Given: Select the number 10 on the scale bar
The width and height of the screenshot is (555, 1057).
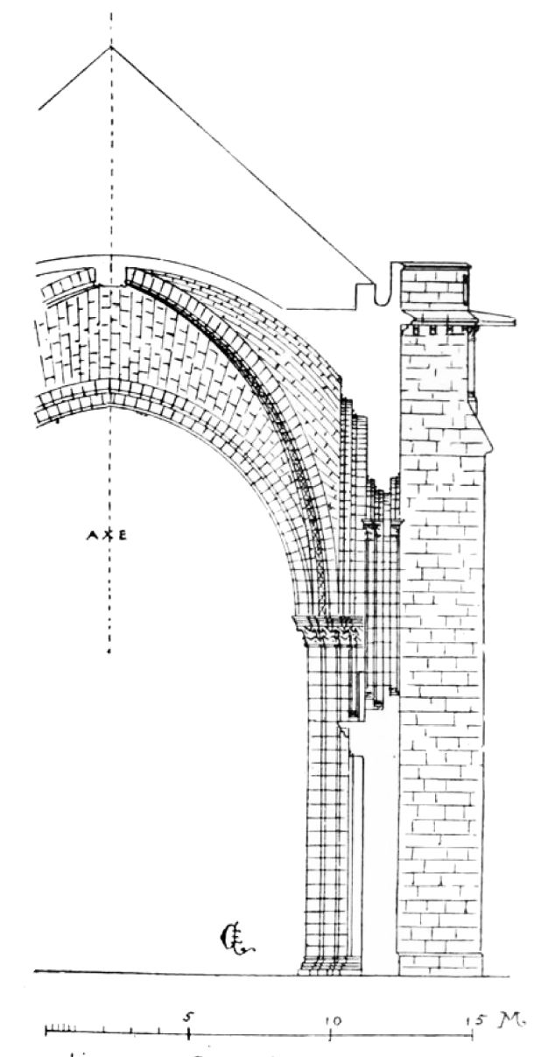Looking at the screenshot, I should (x=331, y=1019).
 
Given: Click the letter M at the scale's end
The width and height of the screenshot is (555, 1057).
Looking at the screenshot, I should (x=509, y=1019).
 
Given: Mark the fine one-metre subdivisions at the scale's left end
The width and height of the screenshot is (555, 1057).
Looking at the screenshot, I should (x=60, y=1028).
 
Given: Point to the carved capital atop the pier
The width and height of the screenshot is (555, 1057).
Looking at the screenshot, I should (x=327, y=631).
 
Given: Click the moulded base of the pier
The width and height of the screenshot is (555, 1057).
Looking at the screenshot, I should (x=330, y=965).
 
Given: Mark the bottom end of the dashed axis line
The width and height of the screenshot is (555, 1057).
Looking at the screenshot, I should (x=109, y=652).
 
